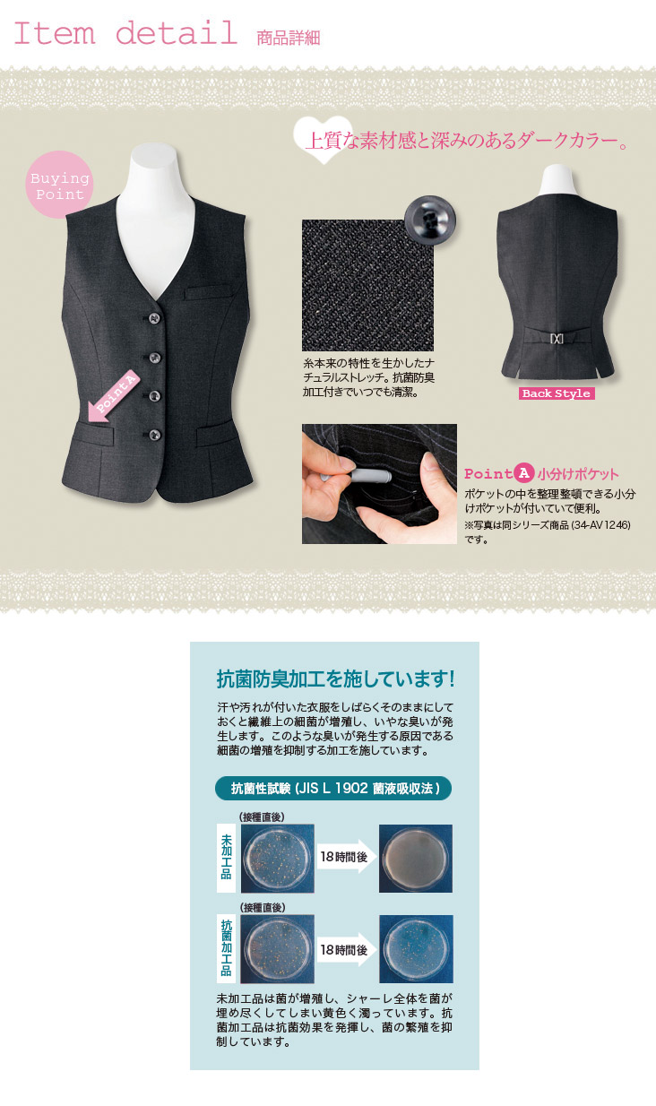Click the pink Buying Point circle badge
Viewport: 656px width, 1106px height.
(x=59, y=184)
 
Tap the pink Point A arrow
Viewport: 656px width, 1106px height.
(x=113, y=396)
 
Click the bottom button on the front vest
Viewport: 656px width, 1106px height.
(x=154, y=435)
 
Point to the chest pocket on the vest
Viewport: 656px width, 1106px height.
(x=208, y=292)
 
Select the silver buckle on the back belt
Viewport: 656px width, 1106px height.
(x=557, y=339)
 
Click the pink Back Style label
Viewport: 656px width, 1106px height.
(x=557, y=393)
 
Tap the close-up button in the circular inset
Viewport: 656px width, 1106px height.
(x=430, y=219)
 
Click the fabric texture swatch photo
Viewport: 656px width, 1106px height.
(x=367, y=286)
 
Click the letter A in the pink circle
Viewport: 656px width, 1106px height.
(x=523, y=473)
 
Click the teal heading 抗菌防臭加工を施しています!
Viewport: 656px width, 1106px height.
(x=336, y=679)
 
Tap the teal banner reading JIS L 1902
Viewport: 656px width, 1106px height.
(x=333, y=789)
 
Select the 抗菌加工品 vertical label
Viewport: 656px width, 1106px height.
(x=226, y=948)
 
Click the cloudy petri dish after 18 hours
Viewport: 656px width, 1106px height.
(x=416, y=859)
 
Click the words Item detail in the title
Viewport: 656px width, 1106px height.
(x=125, y=33)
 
